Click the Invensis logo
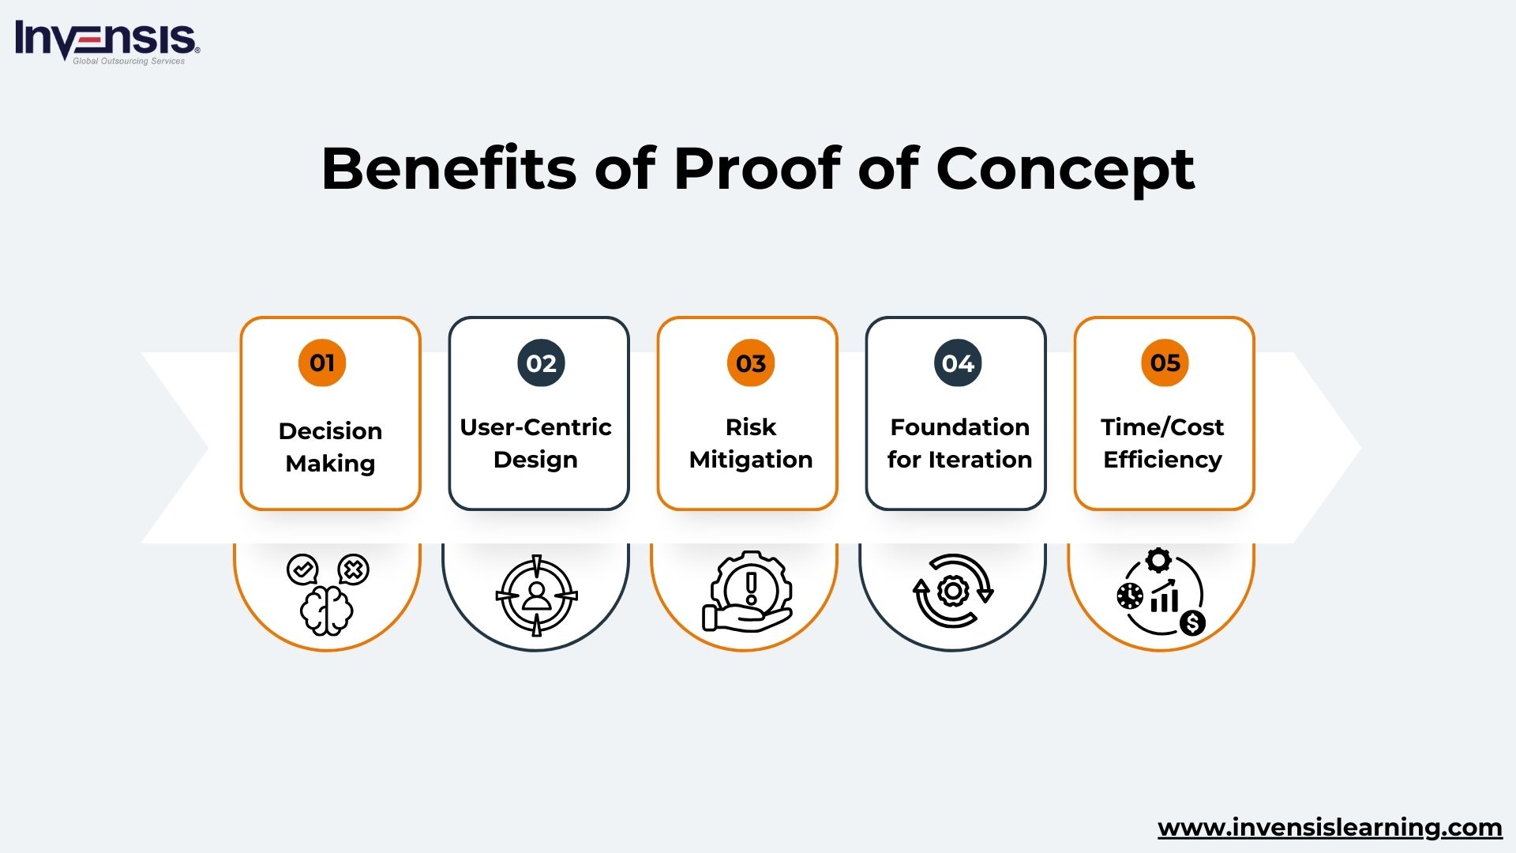[107, 41]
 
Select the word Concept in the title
[1064, 170]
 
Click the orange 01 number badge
[322, 363]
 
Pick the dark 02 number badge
[541, 363]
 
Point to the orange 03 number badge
[750, 363]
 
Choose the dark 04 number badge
[958, 363]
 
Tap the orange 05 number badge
[1165, 363]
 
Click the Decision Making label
[330, 447]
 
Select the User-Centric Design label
[535, 443]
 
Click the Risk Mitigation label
[750, 443]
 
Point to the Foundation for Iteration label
[959, 443]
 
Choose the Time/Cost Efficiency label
[1162, 443]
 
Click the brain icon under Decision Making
[326, 610]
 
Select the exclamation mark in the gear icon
[751, 588]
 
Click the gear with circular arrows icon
[953, 591]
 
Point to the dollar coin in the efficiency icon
[1192, 623]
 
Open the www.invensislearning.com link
[1330, 828]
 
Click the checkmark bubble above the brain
[302, 569]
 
